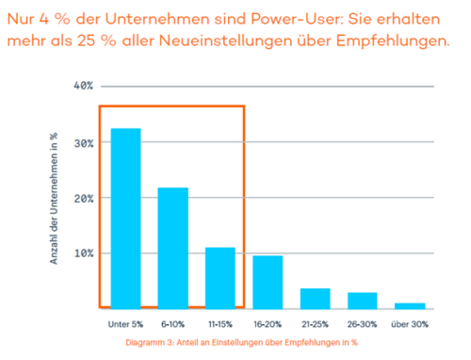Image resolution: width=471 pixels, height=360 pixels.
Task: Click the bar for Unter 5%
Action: tap(125, 217)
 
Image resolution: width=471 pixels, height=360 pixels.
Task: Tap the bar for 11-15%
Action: tap(219, 277)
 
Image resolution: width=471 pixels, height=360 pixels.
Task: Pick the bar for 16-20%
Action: tap(267, 281)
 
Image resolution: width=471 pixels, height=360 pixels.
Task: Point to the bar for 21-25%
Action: tap(315, 297)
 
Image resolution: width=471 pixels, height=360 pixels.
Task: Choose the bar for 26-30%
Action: tap(362, 299)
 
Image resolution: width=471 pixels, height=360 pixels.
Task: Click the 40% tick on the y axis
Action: tap(82, 86)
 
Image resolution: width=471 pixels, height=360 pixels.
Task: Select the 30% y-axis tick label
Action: tap(82, 142)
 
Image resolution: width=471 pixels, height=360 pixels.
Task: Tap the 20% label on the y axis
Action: tap(82, 198)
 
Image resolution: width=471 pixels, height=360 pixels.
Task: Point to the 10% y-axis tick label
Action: tap(82, 253)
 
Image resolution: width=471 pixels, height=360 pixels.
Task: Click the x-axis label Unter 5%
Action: tap(125, 324)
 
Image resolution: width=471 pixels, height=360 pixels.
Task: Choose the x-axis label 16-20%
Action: tap(267, 324)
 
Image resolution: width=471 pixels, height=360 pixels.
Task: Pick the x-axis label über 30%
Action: tap(409, 324)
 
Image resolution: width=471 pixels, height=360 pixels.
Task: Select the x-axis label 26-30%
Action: tap(362, 324)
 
